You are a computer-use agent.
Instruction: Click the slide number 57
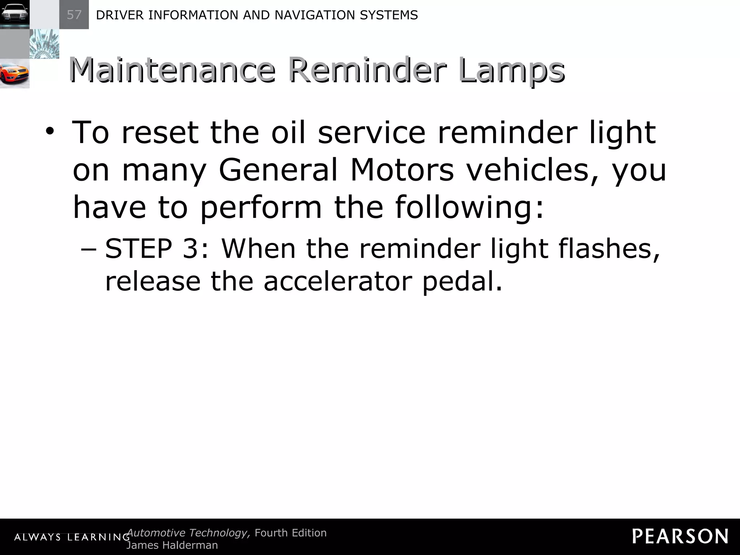pos(74,15)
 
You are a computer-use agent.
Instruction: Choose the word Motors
pos(402,170)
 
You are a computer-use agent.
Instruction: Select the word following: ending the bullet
pos(469,208)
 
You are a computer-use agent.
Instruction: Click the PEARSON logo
pos(680,536)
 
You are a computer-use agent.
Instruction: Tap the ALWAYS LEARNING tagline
pos(72,537)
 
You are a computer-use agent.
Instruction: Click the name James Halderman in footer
pos(172,545)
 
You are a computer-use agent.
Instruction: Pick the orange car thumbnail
pos(14,74)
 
